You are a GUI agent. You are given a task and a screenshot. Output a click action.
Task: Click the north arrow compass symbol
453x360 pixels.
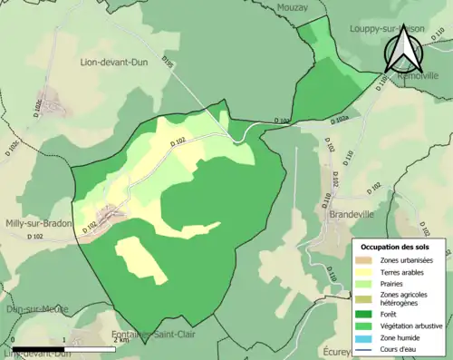tap(404, 50)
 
